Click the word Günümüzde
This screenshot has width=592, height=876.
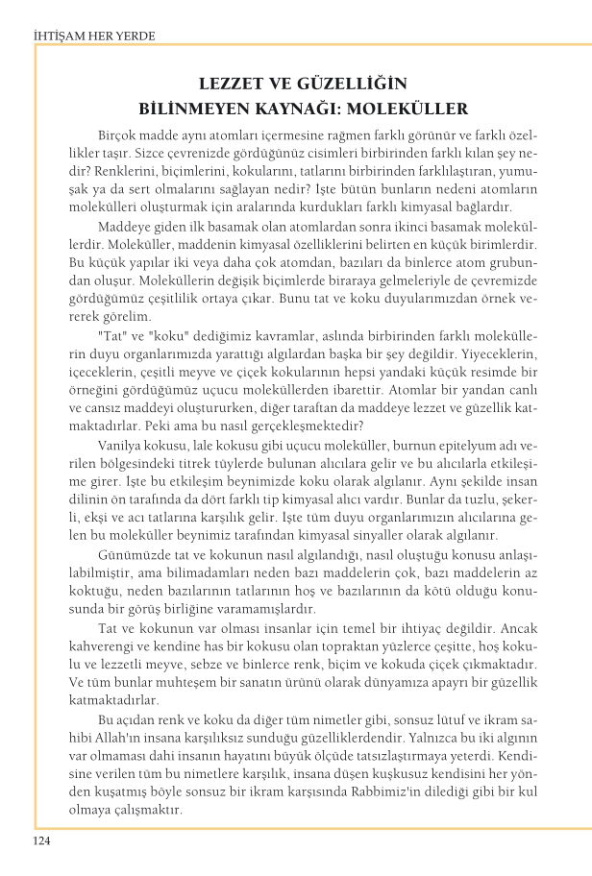[133, 554]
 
